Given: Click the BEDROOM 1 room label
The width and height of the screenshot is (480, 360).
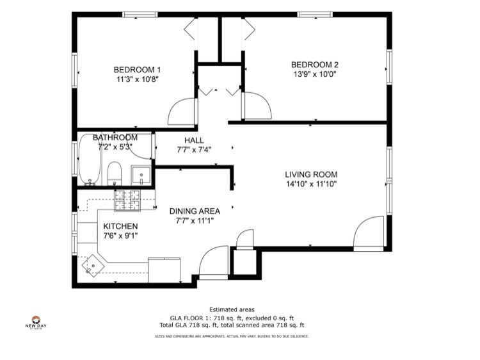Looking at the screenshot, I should click(x=137, y=70).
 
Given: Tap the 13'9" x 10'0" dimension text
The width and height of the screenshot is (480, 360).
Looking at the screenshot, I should click(x=314, y=74).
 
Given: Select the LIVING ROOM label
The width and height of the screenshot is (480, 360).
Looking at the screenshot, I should click(x=311, y=174).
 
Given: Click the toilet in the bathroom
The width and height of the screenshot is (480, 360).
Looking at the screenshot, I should click(x=115, y=172).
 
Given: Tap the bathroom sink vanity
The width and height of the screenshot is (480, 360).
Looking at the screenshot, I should click(x=140, y=175).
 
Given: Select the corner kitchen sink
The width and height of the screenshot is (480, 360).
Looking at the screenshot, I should click(x=93, y=264).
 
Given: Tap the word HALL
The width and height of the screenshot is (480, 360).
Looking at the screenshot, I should click(x=194, y=140).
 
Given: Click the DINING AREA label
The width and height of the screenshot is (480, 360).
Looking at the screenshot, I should click(x=195, y=211).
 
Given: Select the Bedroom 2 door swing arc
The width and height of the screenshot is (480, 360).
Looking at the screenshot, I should click(x=257, y=106).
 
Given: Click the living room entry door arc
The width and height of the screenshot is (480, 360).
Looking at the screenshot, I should click(x=370, y=232).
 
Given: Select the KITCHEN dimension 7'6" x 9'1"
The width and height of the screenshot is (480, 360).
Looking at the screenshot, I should click(x=120, y=236).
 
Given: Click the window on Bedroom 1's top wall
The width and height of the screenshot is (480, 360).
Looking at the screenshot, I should click(x=140, y=14).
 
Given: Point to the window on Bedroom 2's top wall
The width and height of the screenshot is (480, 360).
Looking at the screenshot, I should click(x=314, y=14).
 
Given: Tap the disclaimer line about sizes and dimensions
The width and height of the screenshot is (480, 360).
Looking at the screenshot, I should click(x=232, y=336).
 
